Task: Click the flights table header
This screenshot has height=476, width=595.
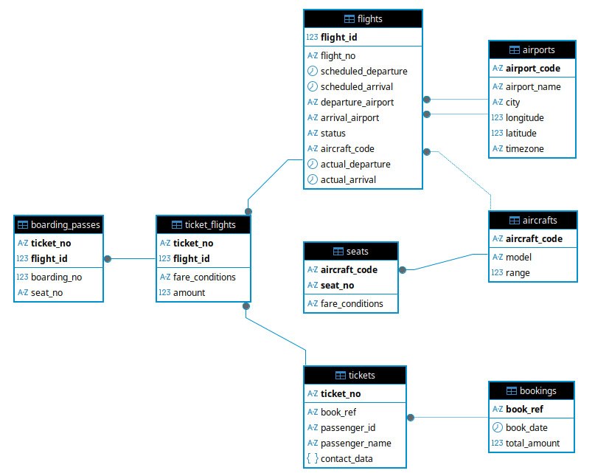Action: [x=363, y=18]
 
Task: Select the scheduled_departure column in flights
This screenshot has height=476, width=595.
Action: [x=363, y=71]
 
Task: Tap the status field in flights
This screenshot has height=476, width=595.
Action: [x=333, y=134]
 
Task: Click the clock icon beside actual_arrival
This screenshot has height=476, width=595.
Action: [x=313, y=179]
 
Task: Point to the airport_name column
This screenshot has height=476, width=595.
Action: [x=533, y=86]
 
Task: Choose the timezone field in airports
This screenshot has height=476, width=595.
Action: [x=524, y=148]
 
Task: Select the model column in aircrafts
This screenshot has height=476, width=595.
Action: [x=518, y=257]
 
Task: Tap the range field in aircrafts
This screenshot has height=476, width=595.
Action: [x=518, y=273]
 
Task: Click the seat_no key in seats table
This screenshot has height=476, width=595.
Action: [x=337, y=286]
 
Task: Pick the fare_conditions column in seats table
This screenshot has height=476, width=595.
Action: [x=352, y=303]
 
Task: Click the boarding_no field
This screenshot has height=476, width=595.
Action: [x=56, y=277]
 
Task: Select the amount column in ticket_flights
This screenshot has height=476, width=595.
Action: [x=189, y=292]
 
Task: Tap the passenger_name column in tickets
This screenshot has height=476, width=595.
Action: [x=355, y=443]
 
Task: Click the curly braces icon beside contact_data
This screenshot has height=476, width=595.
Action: [x=313, y=458]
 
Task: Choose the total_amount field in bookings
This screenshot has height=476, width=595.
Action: [x=532, y=443]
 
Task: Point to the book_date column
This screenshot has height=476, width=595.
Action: [x=526, y=427]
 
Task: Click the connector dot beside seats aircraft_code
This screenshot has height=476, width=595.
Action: [x=403, y=269]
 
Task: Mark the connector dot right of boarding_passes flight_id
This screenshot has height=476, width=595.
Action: [x=108, y=259]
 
